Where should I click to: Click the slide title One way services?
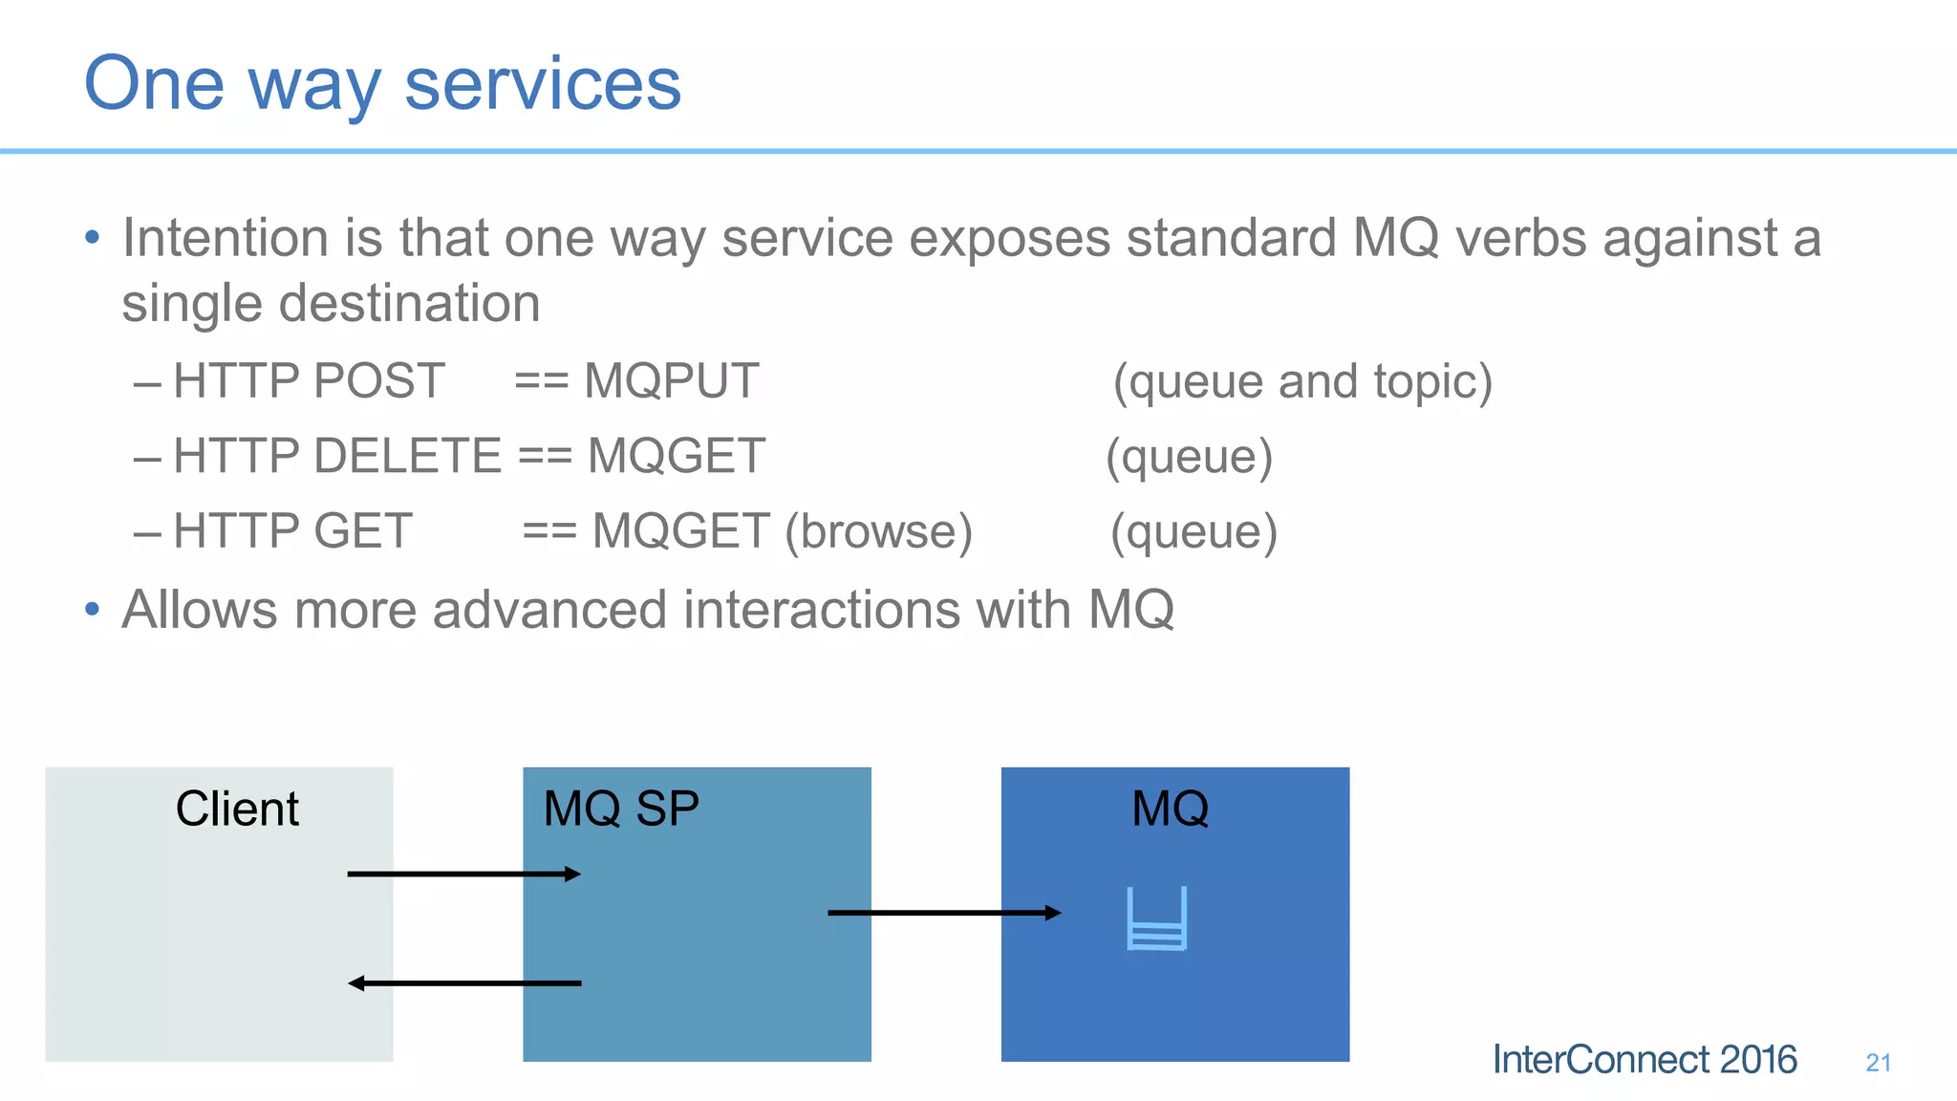[382, 84]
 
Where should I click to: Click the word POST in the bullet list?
[378, 381]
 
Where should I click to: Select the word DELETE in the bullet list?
[407, 456]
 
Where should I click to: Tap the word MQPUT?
[671, 381]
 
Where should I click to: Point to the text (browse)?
[878, 531]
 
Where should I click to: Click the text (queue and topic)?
[1302, 381]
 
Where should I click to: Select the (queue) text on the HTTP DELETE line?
[1189, 456]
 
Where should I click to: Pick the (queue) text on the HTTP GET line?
[1194, 531]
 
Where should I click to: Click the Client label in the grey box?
[237, 809]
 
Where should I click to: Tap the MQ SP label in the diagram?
[621, 809]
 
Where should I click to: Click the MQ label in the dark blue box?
[1170, 809]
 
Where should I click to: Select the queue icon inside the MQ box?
[1157, 918]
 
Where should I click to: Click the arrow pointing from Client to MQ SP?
[464, 874]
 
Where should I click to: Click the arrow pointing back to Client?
[464, 982]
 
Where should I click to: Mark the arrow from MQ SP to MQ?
[944, 913]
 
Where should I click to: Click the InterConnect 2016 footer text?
[1645, 1060]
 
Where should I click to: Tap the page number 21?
[1878, 1063]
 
